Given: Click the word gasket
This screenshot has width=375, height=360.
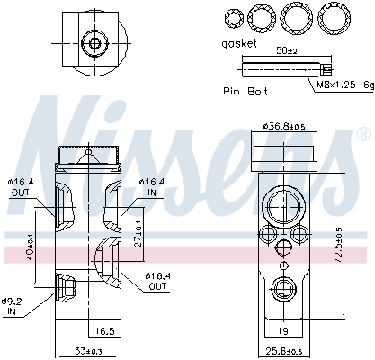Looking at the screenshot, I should tap(239, 42).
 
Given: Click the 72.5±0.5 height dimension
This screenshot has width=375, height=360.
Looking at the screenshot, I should tap(338, 240).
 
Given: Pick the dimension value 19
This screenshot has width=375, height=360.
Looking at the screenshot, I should tap(283, 332).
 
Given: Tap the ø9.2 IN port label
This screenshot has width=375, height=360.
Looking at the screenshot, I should tap(13, 305).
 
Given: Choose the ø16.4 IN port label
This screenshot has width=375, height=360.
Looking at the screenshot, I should tap(151, 187).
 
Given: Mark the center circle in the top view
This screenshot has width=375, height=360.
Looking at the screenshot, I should tap(93, 43).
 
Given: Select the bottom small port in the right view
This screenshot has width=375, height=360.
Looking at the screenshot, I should tap(282, 289).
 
